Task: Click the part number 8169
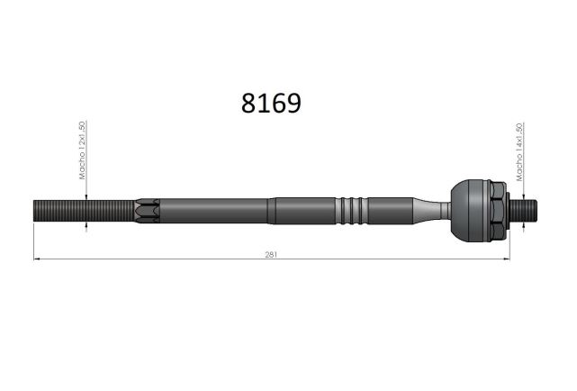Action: [x=271, y=103]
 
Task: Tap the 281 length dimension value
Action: [x=271, y=254]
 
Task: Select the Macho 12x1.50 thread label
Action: [x=82, y=150]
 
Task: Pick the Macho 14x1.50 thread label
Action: [x=519, y=152]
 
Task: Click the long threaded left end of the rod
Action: [x=84, y=211]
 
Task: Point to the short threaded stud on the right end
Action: [x=523, y=211]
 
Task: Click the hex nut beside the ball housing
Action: [x=499, y=211]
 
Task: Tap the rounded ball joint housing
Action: [x=471, y=211]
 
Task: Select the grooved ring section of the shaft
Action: [x=351, y=211]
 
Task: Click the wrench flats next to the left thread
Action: [x=147, y=211]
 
